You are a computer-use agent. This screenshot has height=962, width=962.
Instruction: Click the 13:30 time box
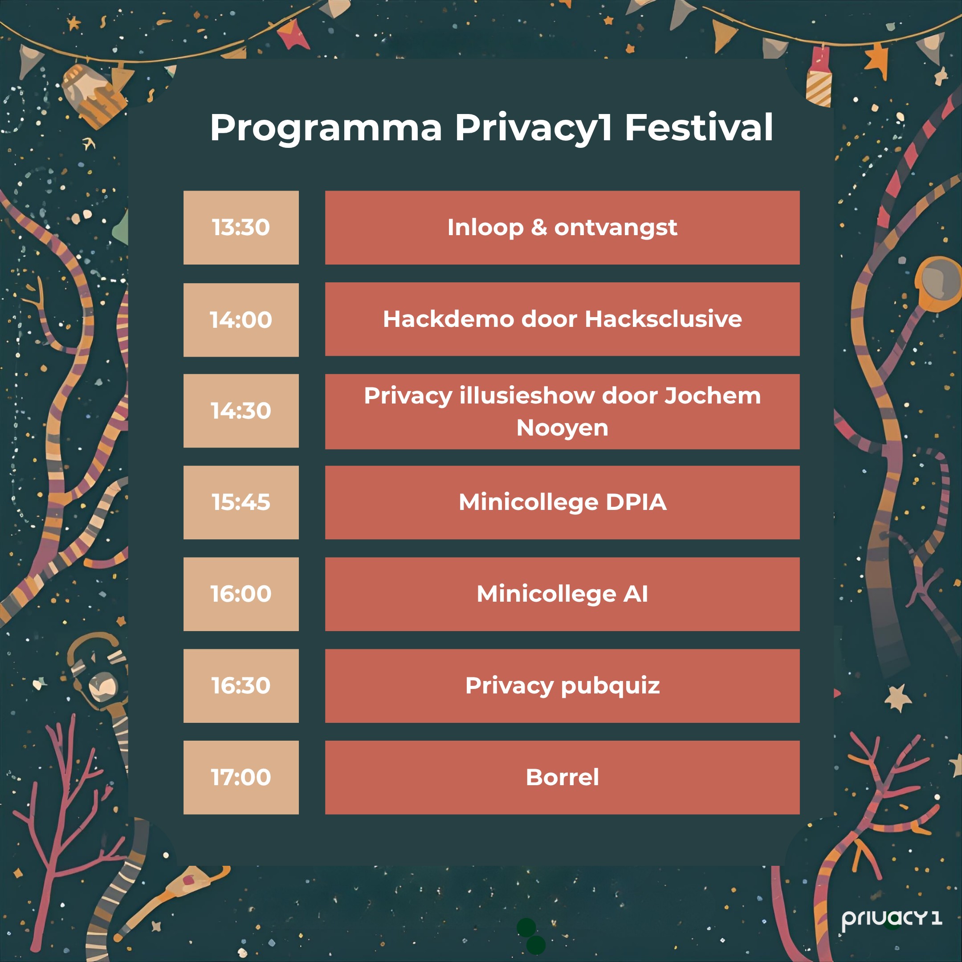click(x=241, y=228)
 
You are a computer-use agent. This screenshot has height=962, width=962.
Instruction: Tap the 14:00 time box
click(x=241, y=320)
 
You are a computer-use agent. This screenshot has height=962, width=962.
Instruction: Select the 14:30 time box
click(x=241, y=411)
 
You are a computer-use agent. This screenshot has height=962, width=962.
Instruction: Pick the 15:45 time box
click(x=241, y=502)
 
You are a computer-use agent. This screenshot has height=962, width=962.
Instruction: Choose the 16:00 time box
click(x=241, y=594)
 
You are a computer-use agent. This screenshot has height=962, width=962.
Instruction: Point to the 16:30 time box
click(x=241, y=686)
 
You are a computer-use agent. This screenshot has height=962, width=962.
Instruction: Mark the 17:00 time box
click(x=241, y=777)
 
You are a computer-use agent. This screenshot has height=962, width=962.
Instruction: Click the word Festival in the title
click(x=699, y=127)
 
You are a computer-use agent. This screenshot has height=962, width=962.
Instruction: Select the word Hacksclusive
click(x=663, y=319)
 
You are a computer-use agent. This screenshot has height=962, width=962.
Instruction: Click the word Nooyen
click(x=563, y=428)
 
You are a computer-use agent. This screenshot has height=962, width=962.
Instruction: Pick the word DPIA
click(x=636, y=502)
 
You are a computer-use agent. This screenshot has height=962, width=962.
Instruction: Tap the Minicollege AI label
click(x=563, y=594)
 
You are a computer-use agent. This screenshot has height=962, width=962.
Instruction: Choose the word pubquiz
click(x=611, y=686)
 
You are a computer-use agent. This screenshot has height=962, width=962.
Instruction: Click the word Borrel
click(x=563, y=777)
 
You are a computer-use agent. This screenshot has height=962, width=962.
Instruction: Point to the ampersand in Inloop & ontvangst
click(x=539, y=228)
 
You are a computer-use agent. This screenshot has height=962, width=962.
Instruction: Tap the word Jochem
click(x=713, y=396)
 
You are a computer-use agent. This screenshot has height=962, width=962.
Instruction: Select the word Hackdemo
click(x=448, y=319)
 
